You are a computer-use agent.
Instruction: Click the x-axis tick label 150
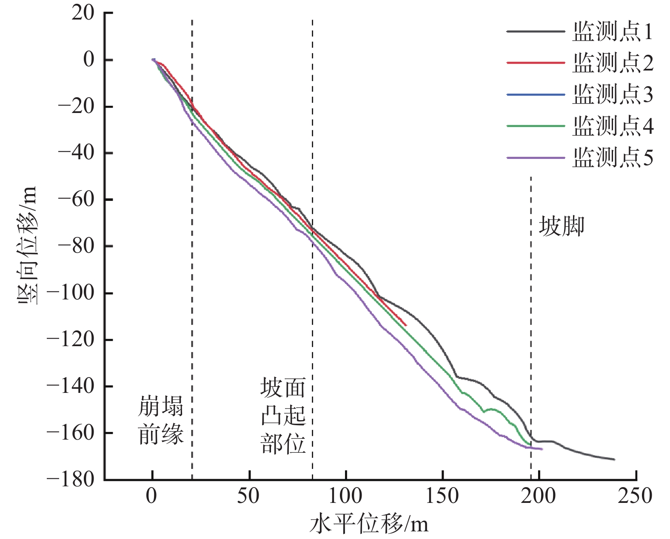coord(442,496)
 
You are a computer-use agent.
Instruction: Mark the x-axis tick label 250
coord(636,496)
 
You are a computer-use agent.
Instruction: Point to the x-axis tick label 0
coord(152,496)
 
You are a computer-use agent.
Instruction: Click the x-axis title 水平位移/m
coord(369,525)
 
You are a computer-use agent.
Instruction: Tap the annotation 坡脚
coord(562,226)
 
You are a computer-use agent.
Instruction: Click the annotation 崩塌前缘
coord(161,420)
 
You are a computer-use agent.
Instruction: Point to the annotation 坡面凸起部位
coord(283,416)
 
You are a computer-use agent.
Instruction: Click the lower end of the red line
coord(406,325)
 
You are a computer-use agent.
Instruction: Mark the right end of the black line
coord(614,459)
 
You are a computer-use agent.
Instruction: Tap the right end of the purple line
coord(542,449)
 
